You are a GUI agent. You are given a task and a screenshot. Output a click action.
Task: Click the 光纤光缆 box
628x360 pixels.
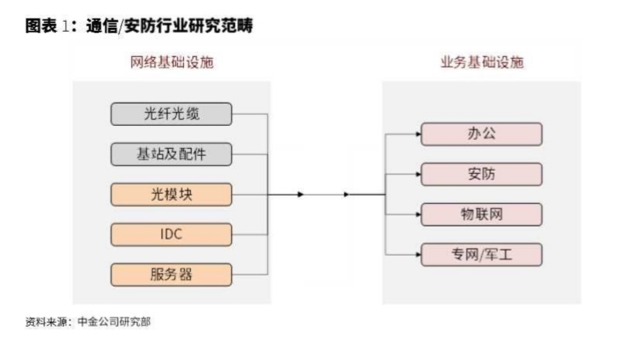tap(171, 114)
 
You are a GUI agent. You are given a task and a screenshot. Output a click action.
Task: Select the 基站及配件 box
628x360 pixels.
tap(171, 155)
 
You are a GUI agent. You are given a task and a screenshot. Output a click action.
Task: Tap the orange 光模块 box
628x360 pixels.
tap(171, 195)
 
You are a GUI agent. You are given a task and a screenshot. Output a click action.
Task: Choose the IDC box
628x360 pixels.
tap(171, 234)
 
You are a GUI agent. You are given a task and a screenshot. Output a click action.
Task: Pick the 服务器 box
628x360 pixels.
tap(171, 275)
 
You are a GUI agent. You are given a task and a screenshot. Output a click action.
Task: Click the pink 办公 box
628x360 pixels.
tap(481, 134)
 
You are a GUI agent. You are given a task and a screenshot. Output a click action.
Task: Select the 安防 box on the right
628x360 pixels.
tap(481, 174)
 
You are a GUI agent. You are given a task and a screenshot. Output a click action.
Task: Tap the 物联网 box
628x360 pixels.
tap(481, 215)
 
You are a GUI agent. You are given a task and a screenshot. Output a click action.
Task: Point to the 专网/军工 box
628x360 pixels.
tap(481, 255)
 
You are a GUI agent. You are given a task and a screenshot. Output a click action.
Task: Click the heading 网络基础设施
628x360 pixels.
tap(171, 62)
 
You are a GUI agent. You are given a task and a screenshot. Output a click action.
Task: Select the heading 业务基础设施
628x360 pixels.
tap(482, 62)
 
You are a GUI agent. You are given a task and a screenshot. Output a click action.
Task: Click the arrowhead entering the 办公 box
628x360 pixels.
tap(419, 134)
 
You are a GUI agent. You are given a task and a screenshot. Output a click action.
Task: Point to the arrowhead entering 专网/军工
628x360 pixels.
tap(419, 255)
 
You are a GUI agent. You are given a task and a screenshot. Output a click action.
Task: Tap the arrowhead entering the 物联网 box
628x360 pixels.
tap(419, 215)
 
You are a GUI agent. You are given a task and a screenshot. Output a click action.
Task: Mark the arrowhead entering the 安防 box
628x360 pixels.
tap(419, 174)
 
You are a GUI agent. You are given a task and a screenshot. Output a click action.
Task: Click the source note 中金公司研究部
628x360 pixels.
tap(114, 322)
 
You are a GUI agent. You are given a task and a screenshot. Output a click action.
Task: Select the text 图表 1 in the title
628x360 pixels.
tap(47, 26)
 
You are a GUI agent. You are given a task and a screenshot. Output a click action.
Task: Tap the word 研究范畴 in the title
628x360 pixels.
tap(226, 26)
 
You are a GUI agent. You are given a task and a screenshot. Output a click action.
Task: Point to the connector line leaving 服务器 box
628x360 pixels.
tap(250, 275)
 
